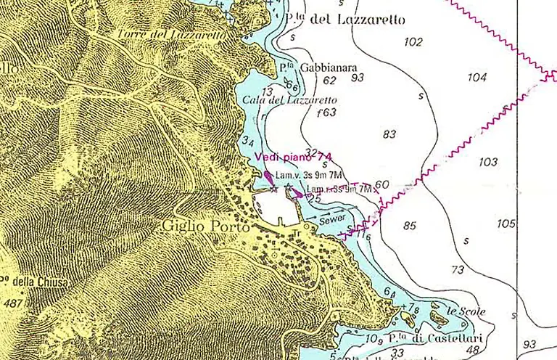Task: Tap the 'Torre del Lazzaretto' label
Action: coord(172,33)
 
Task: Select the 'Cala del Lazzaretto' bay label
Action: coord(289,100)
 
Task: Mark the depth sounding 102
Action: coord(413,42)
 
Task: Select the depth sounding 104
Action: coord(477,77)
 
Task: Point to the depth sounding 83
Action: coord(389,134)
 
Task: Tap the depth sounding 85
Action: coord(410,226)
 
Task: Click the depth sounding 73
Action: coord(458,270)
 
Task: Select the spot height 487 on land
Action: coord(12,303)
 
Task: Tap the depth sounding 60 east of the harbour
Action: coord(383,184)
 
